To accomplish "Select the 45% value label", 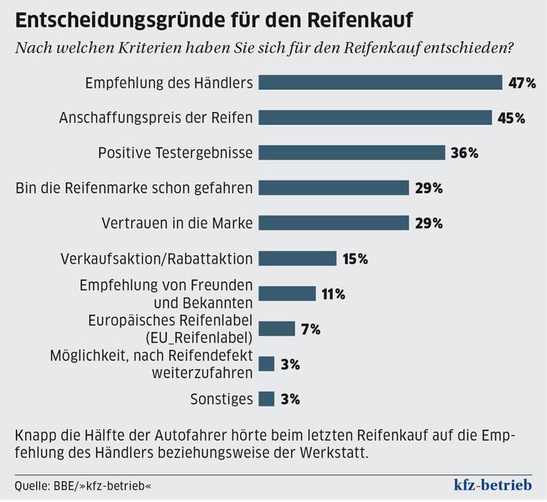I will [511, 118].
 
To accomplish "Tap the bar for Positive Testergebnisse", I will [351, 152].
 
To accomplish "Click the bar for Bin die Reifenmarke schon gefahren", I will [333, 187].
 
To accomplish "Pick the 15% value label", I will [355, 259].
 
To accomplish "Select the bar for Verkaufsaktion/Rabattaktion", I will [297, 259].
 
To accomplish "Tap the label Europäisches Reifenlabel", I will [171, 320].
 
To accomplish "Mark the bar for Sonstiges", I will [267, 399].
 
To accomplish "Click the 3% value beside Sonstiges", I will [290, 399].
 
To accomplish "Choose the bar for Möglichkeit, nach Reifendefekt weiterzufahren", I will [267, 364].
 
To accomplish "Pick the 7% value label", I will [310, 329].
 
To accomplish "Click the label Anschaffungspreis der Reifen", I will [156, 117].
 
